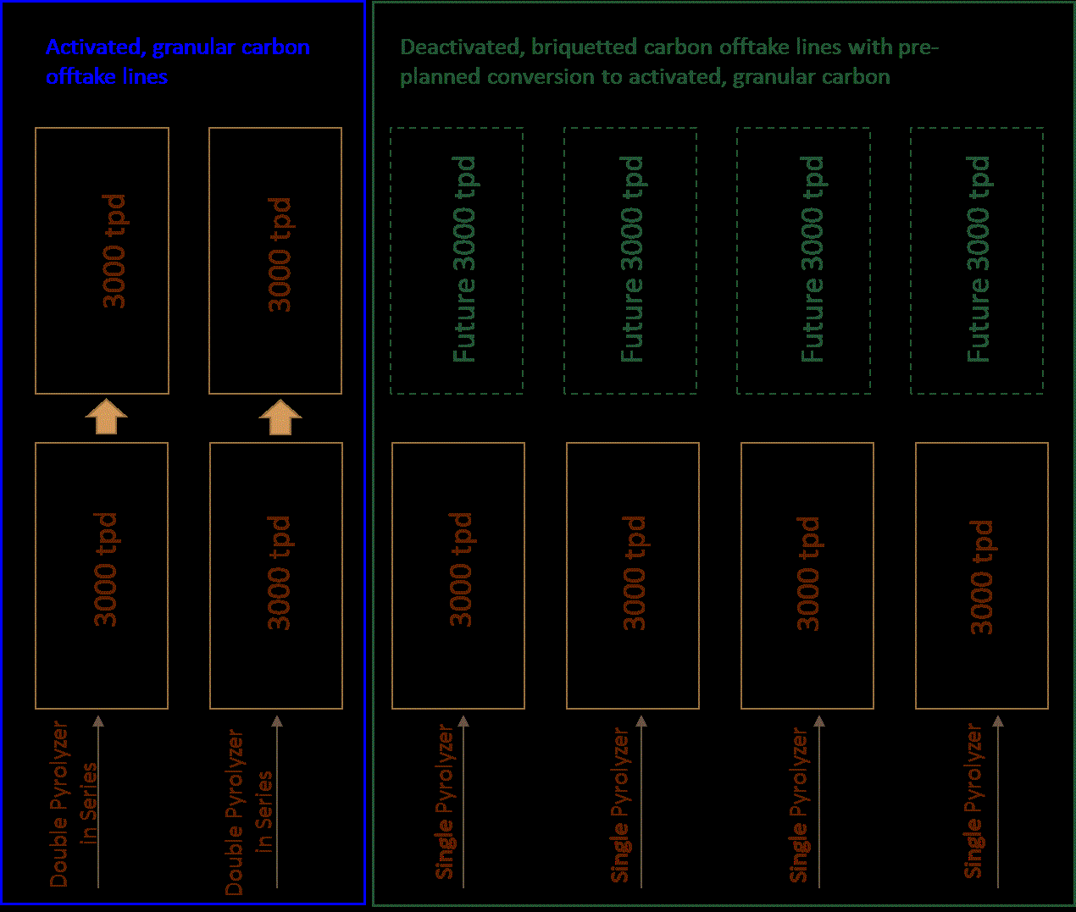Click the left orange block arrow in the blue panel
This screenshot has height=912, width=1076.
coord(106,417)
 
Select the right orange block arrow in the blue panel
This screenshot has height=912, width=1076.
coord(280,417)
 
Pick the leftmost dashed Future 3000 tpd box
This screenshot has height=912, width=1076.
coord(457,261)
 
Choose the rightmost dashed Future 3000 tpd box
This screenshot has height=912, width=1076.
coord(977,261)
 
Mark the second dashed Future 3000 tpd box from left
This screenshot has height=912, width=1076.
coord(630,261)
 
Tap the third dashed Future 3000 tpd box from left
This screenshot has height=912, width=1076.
coord(803,261)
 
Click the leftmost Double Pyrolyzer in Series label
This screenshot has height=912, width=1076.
coord(73,804)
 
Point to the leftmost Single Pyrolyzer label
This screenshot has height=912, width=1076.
coord(446,801)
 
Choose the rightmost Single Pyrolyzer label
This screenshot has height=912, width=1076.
coord(973,801)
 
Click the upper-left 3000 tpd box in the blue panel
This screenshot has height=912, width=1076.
coord(102,261)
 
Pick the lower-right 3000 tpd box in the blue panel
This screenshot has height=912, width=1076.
coord(276,576)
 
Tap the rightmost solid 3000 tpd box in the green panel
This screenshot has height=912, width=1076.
coord(982,576)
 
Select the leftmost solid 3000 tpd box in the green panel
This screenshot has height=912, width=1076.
coord(458,576)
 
